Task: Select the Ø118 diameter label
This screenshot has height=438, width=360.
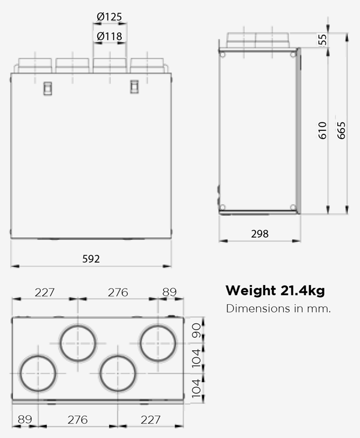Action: coord(109,37)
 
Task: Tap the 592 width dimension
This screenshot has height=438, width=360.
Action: coord(91,259)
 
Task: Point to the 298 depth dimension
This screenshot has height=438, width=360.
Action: coord(259,233)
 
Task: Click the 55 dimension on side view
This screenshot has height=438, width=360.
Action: coord(323,39)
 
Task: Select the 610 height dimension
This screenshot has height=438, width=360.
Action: coord(322,130)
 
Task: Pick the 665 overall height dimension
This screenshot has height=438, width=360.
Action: coord(341,130)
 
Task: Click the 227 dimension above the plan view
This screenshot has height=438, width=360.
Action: coord(44,292)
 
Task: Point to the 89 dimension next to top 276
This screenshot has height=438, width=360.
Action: coord(170,292)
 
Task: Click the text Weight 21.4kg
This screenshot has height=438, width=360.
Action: coord(275,291)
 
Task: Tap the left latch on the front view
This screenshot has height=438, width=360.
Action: coord(47,88)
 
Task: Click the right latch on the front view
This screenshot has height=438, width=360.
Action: coord(134,87)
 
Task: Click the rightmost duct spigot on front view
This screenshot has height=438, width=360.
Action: coord(147,64)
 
